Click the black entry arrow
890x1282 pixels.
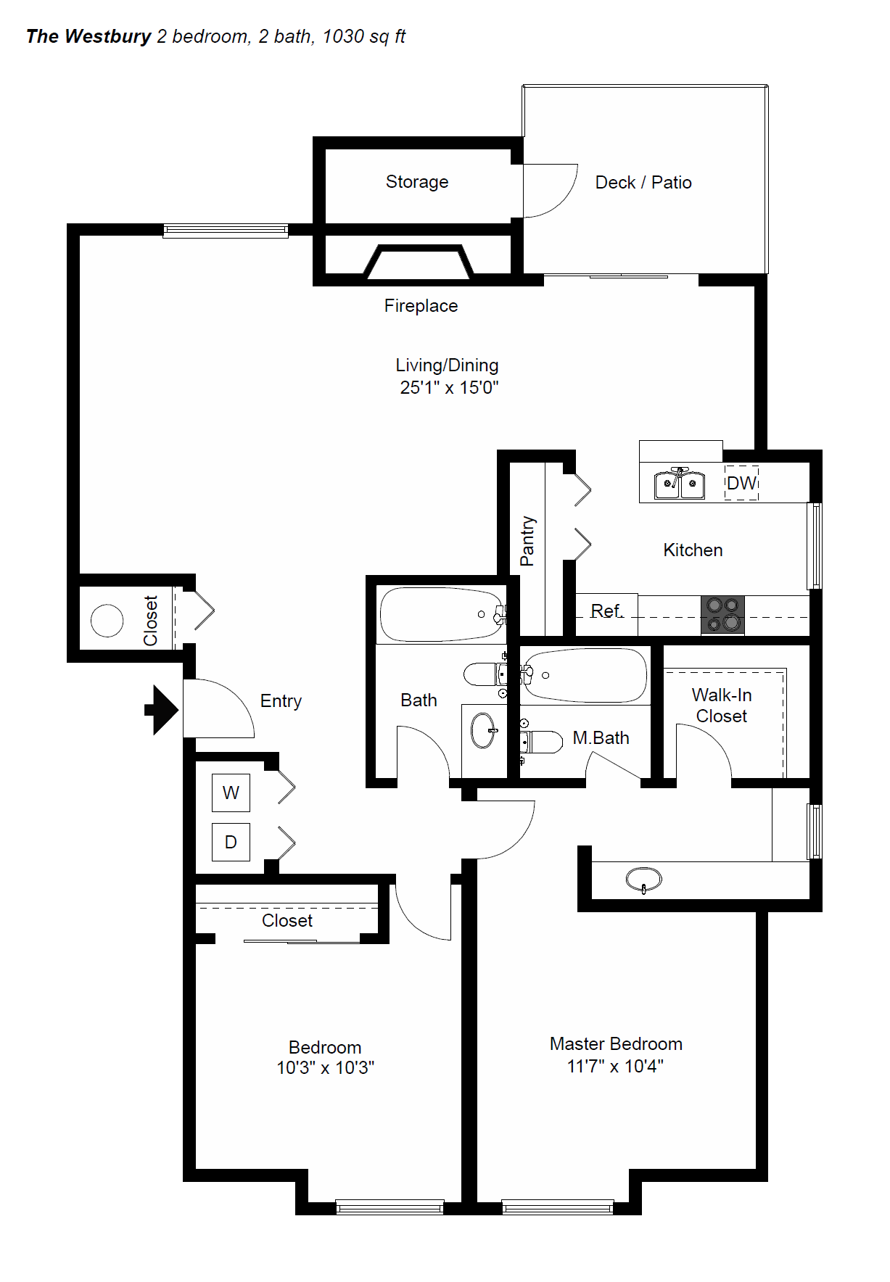(x=162, y=710)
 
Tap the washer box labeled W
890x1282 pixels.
(x=231, y=793)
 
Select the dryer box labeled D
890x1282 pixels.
(x=231, y=842)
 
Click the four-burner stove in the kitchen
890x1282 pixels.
(x=723, y=615)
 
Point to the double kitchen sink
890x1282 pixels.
(x=680, y=484)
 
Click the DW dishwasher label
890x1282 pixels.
(x=741, y=483)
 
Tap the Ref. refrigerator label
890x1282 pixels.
(x=606, y=611)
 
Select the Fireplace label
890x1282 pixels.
(x=421, y=306)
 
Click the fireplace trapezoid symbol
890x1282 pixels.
(x=418, y=262)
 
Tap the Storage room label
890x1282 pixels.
(x=417, y=182)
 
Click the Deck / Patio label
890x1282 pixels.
(x=643, y=183)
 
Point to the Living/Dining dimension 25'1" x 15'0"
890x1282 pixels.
(x=449, y=388)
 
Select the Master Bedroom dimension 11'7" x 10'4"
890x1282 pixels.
(x=615, y=1066)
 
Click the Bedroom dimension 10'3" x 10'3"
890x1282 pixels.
(x=325, y=1067)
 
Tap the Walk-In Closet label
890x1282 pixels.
(x=722, y=706)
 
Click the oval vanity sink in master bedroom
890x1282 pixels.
(x=643, y=880)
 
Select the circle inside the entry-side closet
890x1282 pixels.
(x=107, y=621)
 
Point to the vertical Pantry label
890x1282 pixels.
(x=527, y=541)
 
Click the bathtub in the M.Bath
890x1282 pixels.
(x=584, y=675)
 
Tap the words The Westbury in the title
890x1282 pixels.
(x=88, y=36)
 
